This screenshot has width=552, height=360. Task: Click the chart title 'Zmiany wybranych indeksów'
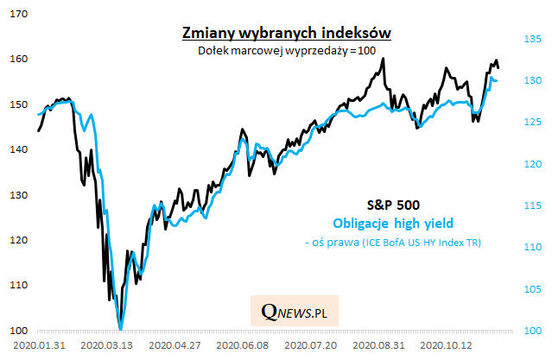click(285, 33)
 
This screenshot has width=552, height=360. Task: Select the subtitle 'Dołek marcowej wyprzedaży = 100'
click(285, 50)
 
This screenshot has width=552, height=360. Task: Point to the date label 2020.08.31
click(380, 344)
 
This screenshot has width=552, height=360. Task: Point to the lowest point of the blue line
click(120, 329)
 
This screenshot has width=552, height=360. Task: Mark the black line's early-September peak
click(383, 59)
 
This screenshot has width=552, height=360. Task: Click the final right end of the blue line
click(496, 81)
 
